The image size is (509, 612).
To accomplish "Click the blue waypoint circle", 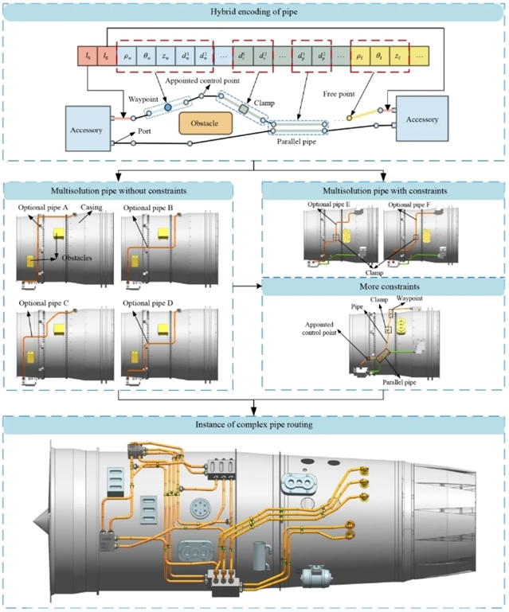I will point(168,106).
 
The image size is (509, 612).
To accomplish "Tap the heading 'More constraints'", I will point(382,288).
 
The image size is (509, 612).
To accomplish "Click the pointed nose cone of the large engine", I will point(38,521).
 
